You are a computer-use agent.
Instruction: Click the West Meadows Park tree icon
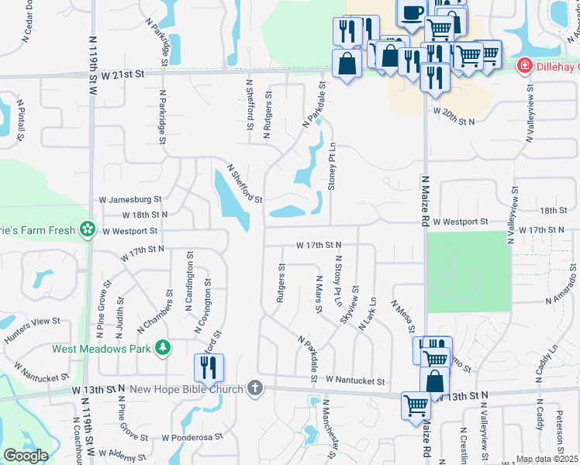[x=163, y=349]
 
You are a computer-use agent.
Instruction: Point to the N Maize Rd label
[x=425, y=199]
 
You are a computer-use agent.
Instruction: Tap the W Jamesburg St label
[x=130, y=199]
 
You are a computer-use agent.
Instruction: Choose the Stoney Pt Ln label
[x=332, y=165]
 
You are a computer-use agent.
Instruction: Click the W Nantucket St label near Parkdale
[x=355, y=381]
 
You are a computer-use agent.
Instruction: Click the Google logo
[x=25, y=455]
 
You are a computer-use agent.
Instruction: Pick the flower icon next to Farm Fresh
[x=88, y=229]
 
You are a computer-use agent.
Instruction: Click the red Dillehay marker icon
[x=525, y=66]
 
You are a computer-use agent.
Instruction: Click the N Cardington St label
[x=189, y=281]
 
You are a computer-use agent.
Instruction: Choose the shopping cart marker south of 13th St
[x=416, y=405]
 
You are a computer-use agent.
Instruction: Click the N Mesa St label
[x=402, y=317]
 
